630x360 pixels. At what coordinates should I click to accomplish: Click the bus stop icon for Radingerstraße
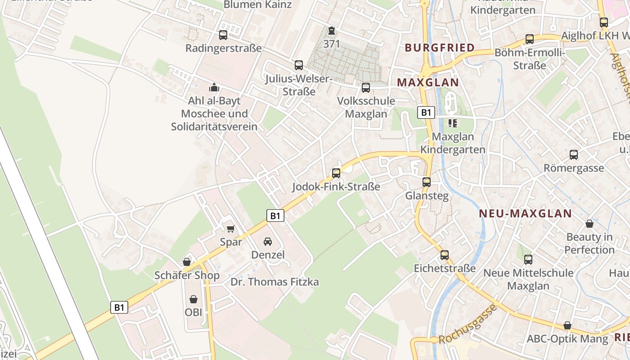click(x=223, y=35)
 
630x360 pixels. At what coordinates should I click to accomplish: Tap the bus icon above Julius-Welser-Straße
click(x=298, y=65)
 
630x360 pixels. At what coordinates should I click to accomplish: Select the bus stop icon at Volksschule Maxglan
click(x=366, y=87)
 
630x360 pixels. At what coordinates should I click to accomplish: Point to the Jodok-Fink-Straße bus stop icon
click(x=336, y=173)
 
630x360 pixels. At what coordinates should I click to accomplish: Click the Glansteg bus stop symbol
click(x=426, y=182)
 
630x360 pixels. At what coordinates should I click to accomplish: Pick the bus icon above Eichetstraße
click(x=445, y=255)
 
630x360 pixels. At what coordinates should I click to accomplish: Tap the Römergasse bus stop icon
click(x=574, y=155)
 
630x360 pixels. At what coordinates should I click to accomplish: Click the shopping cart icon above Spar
click(x=231, y=229)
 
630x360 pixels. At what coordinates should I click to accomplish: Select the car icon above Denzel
click(x=268, y=242)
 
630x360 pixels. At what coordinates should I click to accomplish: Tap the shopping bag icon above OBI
click(x=193, y=299)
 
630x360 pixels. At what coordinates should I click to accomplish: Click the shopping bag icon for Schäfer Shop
click(x=187, y=262)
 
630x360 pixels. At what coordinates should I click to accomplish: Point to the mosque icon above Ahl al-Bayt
click(x=214, y=87)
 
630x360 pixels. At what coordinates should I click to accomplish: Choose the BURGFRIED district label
click(x=433, y=48)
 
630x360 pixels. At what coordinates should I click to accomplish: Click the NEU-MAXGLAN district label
click(x=525, y=214)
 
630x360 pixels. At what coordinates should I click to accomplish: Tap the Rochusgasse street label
click(x=468, y=324)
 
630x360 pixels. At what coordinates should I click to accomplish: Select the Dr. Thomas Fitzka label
click(x=274, y=282)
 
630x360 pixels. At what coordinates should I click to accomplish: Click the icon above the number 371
click(x=332, y=31)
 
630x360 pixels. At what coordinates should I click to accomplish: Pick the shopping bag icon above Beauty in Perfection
click(x=589, y=223)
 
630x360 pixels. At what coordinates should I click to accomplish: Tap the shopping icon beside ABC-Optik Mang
click(x=567, y=325)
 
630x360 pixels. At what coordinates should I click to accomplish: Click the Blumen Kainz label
click(x=258, y=5)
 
